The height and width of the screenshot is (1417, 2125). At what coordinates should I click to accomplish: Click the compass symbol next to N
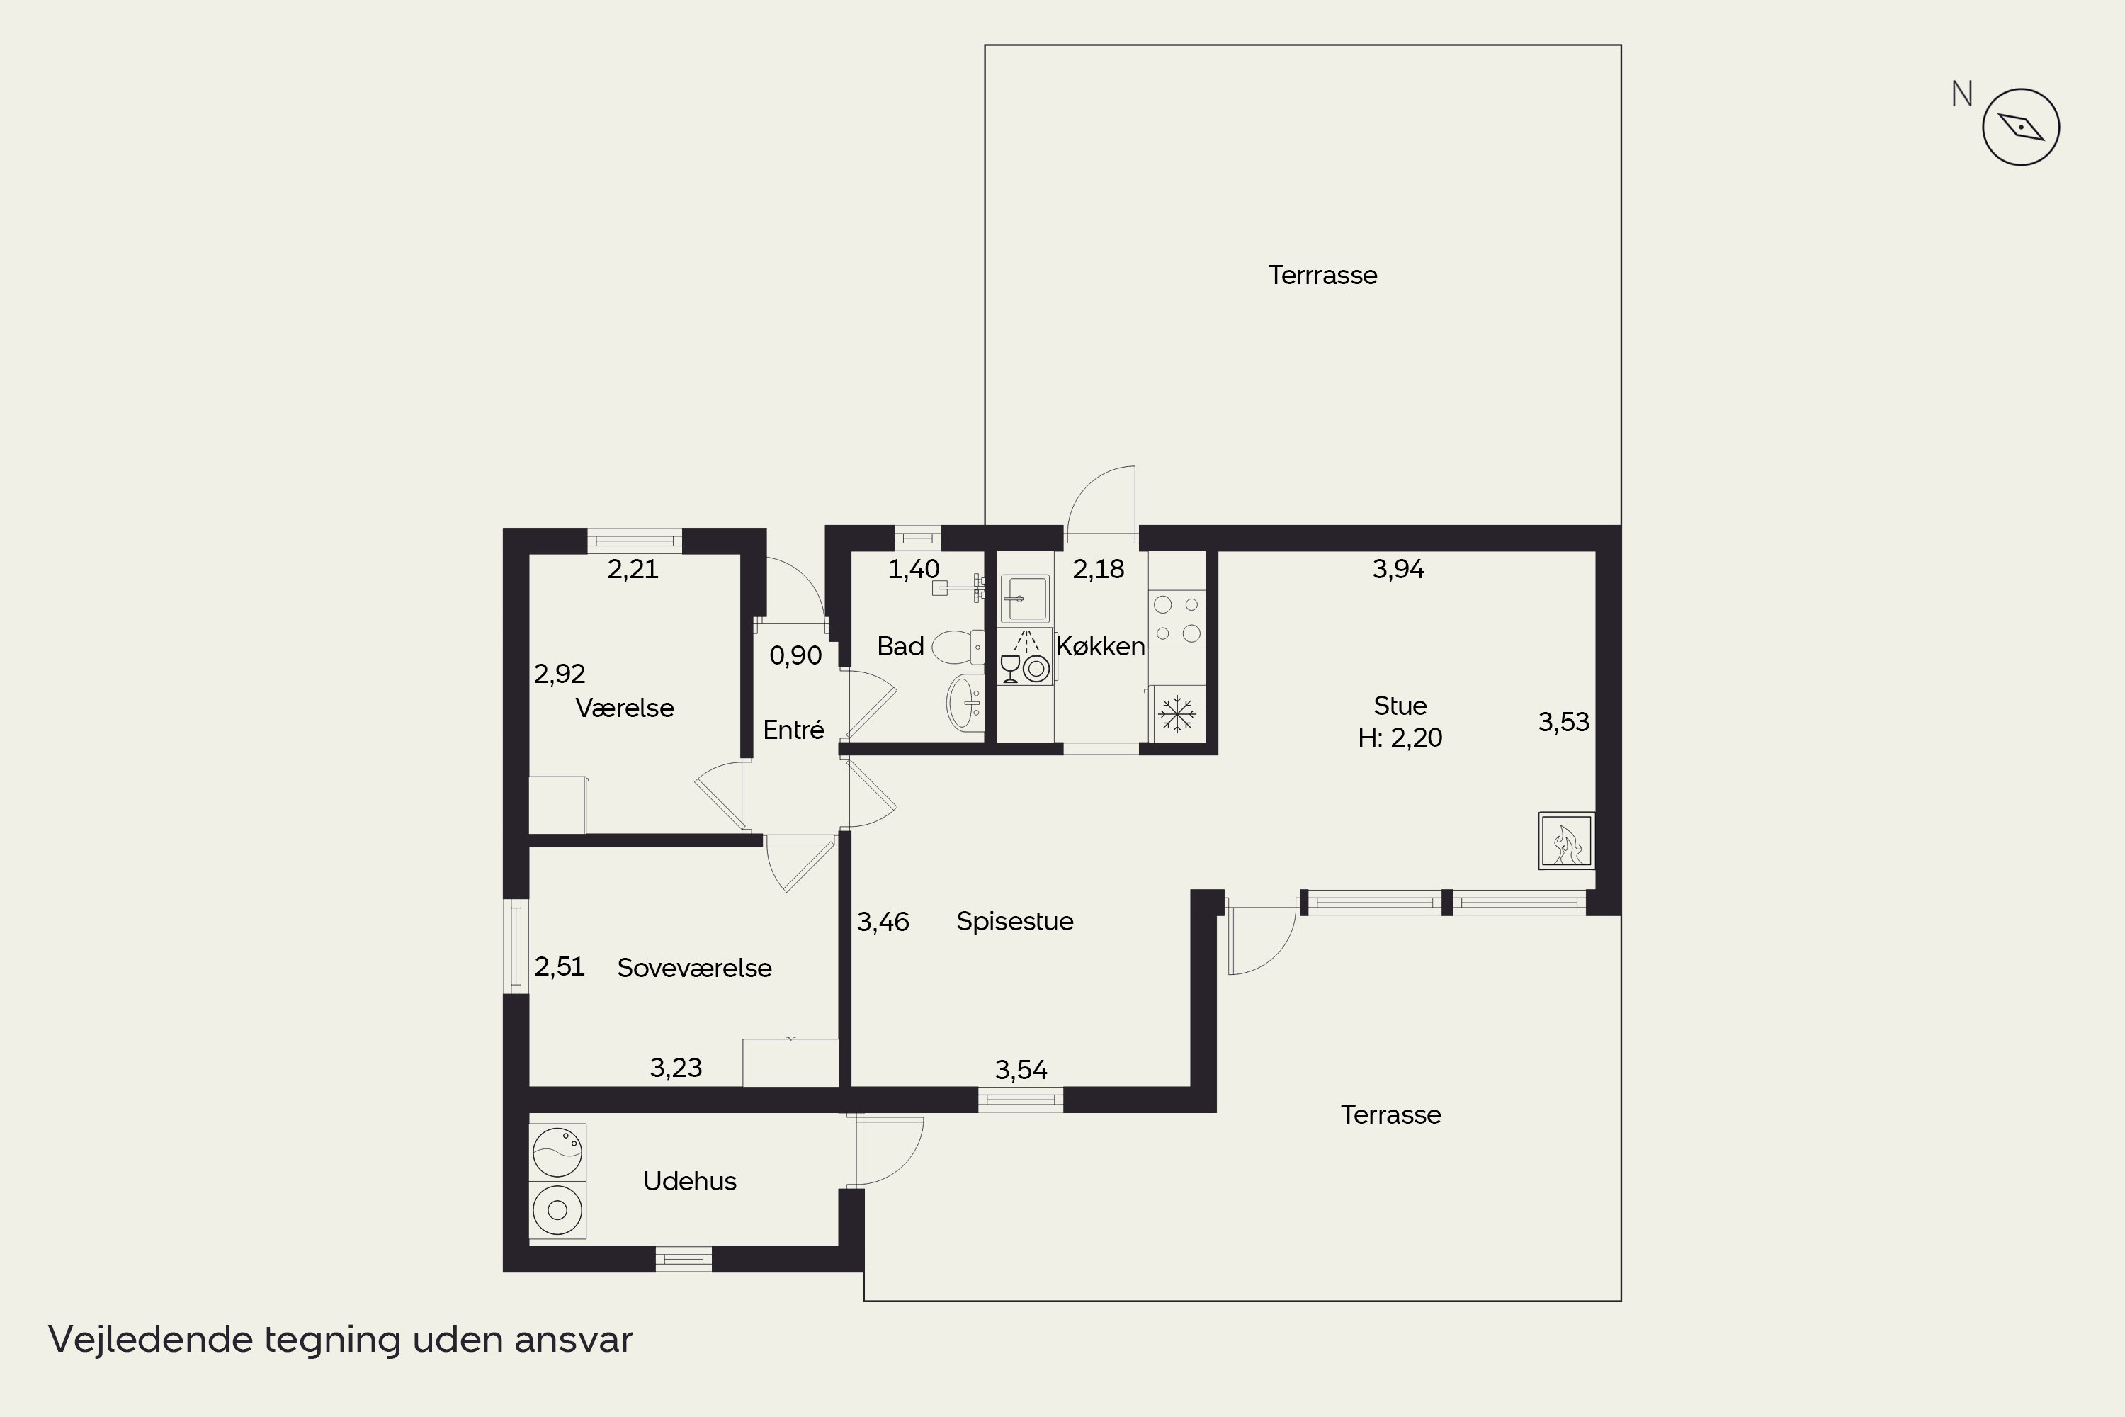[x=2020, y=128]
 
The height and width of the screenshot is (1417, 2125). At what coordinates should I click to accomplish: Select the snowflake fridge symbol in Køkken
[x=1177, y=714]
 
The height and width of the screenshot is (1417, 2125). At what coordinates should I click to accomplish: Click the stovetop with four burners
[x=1177, y=619]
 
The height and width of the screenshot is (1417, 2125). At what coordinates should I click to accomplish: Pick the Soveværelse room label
[x=694, y=968]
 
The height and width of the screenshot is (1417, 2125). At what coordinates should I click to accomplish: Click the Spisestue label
[x=1014, y=921]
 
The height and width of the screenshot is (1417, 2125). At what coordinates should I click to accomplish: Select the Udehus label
[x=689, y=1181]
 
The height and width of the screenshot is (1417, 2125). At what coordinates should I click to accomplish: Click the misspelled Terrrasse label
[x=1322, y=275]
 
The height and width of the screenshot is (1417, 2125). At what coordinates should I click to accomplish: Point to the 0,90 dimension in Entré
[x=795, y=655]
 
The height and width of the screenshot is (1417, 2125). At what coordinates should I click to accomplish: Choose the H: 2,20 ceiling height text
[x=1400, y=738]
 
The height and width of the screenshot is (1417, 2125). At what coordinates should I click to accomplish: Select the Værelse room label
[x=624, y=708]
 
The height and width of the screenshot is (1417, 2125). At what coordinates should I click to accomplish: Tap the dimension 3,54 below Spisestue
[x=1021, y=1070]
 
